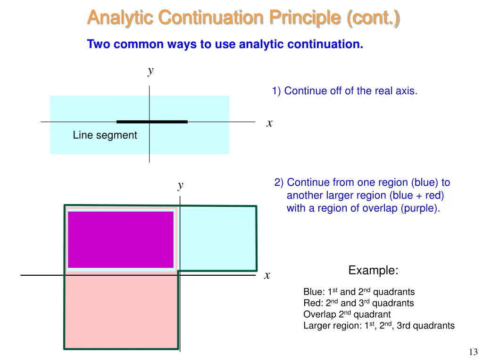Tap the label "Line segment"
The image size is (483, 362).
[105, 135]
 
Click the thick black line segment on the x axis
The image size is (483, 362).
[152, 122]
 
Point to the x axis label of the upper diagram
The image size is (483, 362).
[269, 123]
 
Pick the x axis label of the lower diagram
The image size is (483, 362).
[267, 275]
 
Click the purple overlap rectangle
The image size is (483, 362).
[121, 239]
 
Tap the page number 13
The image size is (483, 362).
[473, 352]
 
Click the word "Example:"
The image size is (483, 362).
[373, 271]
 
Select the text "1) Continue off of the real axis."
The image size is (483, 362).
[344, 91]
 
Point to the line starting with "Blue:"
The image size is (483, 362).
[359, 292]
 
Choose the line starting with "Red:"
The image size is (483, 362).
[358, 303]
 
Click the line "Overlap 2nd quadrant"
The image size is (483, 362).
[347, 314]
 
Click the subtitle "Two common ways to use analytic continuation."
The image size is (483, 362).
[225, 45]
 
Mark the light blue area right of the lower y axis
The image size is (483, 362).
[217, 238]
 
